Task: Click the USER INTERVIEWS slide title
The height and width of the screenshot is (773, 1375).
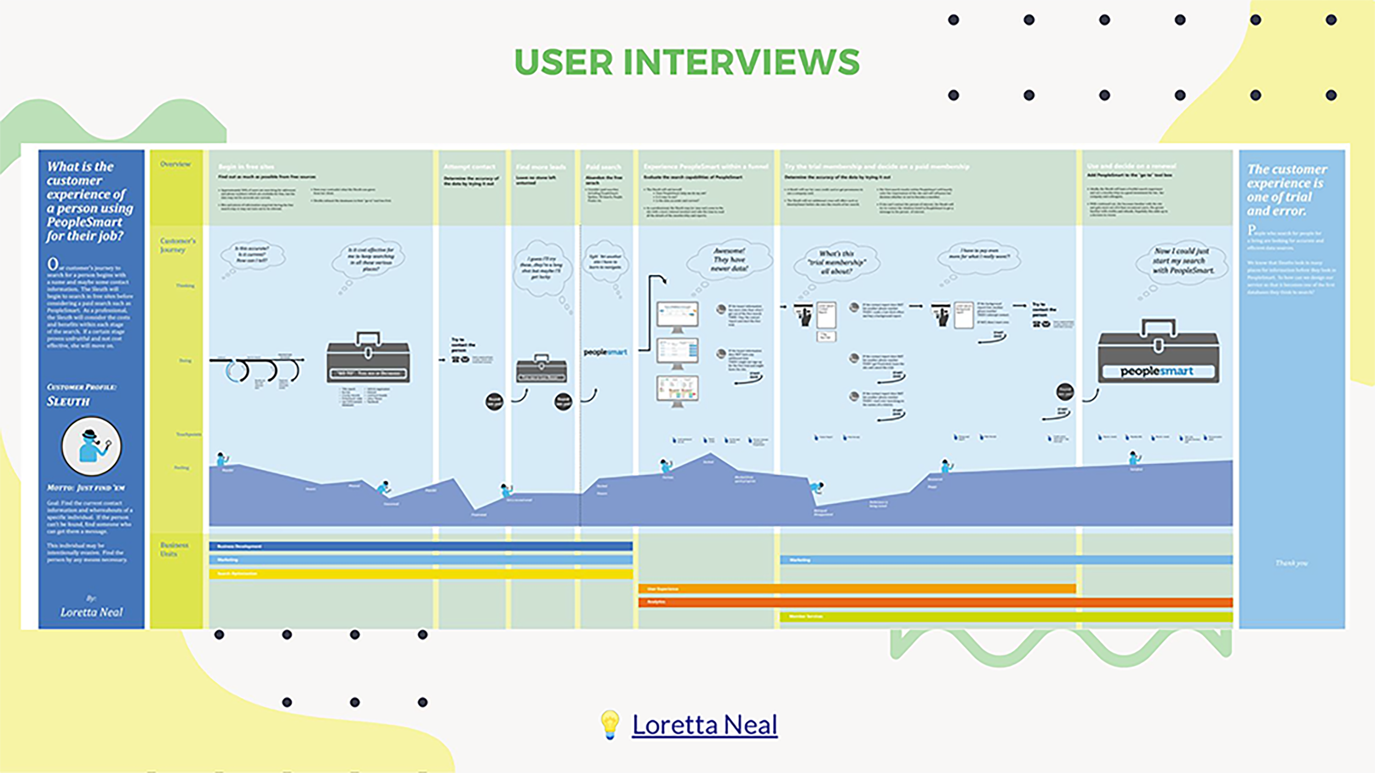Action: pyautogui.click(x=687, y=62)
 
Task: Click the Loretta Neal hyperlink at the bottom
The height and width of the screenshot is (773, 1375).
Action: pyautogui.click(x=704, y=724)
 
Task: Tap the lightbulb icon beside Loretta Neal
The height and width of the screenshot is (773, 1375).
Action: pyautogui.click(x=610, y=724)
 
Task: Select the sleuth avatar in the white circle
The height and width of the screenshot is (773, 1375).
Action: pyautogui.click(x=91, y=446)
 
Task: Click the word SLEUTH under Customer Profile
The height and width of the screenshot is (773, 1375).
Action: pyautogui.click(x=68, y=401)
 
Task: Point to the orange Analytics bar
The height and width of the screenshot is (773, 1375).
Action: pyautogui.click(x=935, y=602)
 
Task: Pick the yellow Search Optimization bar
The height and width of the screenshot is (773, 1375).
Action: pyautogui.click(x=421, y=574)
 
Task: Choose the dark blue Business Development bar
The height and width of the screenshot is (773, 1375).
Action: pyautogui.click(x=421, y=546)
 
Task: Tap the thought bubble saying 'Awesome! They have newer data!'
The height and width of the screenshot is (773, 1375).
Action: pyautogui.click(x=729, y=260)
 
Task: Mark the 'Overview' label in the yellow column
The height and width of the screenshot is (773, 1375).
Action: pyautogui.click(x=176, y=164)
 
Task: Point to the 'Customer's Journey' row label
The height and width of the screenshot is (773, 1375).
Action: pyautogui.click(x=178, y=245)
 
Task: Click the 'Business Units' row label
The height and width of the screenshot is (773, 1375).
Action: pyautogui.click(x=175, y=549)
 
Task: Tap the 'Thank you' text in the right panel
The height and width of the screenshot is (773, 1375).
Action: pyautogui.click(x=1291, y=563)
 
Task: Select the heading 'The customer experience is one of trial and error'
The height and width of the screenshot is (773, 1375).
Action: pyautogui.click(x=1287, y=190)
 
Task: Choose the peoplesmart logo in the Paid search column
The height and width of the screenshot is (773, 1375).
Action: pyautogui.click(x=605, y=352)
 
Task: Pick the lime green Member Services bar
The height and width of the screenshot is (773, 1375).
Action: pyautogui.click(x=1006, y=617)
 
